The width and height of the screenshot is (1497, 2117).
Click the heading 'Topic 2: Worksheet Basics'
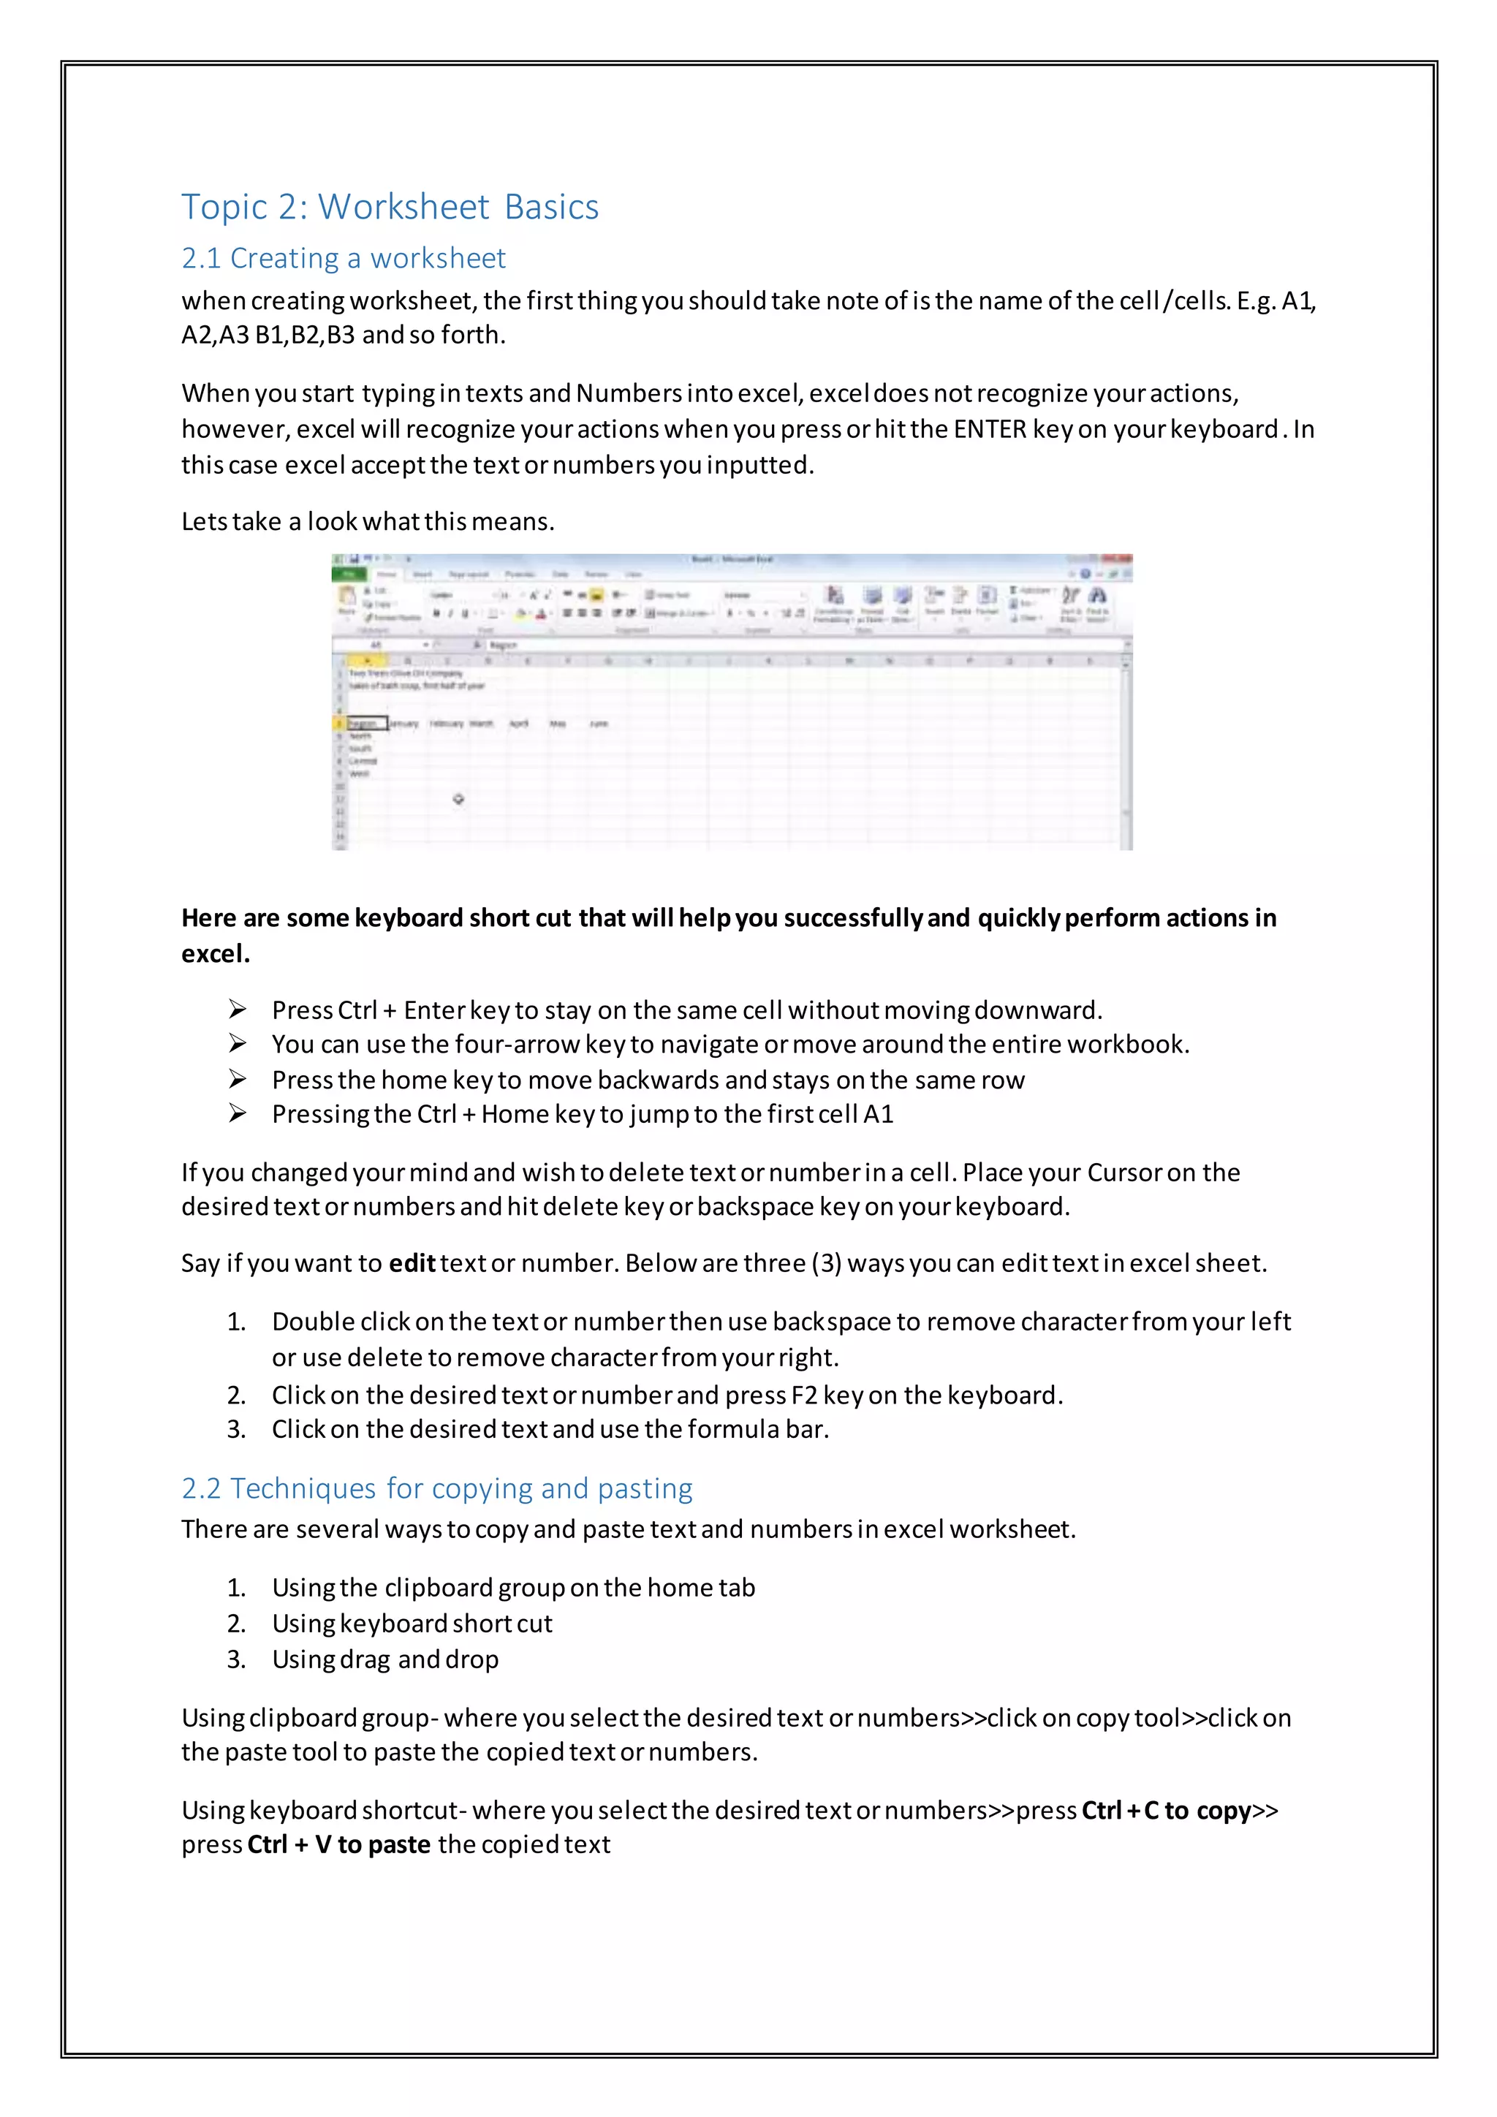(389, 207)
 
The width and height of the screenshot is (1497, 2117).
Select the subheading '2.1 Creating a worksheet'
(343, 258)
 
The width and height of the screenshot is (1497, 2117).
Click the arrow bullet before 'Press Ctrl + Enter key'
(238, 1010)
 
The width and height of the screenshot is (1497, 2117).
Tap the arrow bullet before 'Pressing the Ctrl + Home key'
(238, 1114)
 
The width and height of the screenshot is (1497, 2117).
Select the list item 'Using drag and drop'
(384, 1659)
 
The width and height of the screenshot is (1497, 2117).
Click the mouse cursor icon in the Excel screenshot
(458, 800)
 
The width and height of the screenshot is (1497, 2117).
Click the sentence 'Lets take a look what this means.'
(367, 522)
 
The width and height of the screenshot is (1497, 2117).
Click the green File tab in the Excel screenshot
(349, 575)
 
